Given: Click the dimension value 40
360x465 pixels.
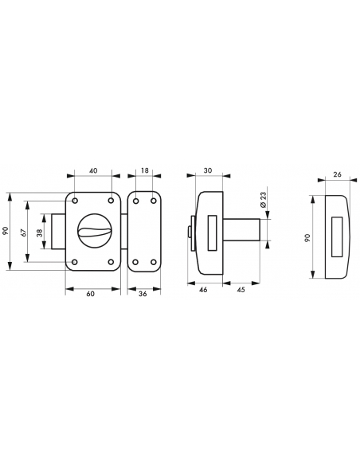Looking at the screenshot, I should [x=93, y=170].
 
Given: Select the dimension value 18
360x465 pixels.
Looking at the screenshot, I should [x=143, y=170].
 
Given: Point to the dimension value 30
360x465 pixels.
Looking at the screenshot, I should [x=209, y=170].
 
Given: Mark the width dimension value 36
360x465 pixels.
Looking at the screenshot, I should [x=142, y=295].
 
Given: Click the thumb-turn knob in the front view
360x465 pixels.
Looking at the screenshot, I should [x=93, y=232].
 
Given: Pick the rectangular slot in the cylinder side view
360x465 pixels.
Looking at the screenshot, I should [x=213, y=232].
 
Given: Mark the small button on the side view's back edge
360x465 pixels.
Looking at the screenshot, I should [x=188, y=232].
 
